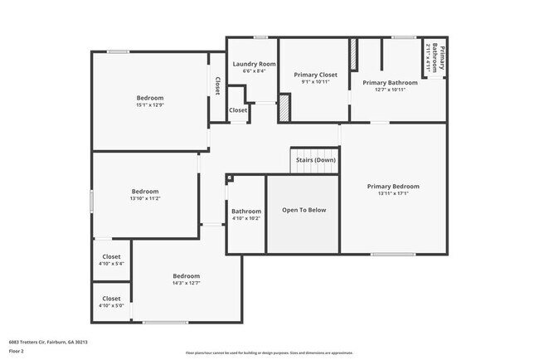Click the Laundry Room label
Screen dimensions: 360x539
(x=254, y=64)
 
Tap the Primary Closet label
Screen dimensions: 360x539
(x=315, y=75)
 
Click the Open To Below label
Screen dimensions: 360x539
(x=303, y=210)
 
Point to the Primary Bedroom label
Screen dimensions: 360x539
(x=393, y=187)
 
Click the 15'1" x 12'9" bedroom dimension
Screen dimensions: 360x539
(x=149, y=105)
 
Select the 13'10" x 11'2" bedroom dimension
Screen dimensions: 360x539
(x=144, y=198)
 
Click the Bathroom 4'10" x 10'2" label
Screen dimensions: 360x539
(x=246, y=214)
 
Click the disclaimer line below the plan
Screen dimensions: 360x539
(x=269, y=353)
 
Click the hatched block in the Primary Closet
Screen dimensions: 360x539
(x=284, y=109)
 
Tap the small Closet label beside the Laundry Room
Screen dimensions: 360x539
(x=238, y=109)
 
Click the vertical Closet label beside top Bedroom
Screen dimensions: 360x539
(x=217, y=85)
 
